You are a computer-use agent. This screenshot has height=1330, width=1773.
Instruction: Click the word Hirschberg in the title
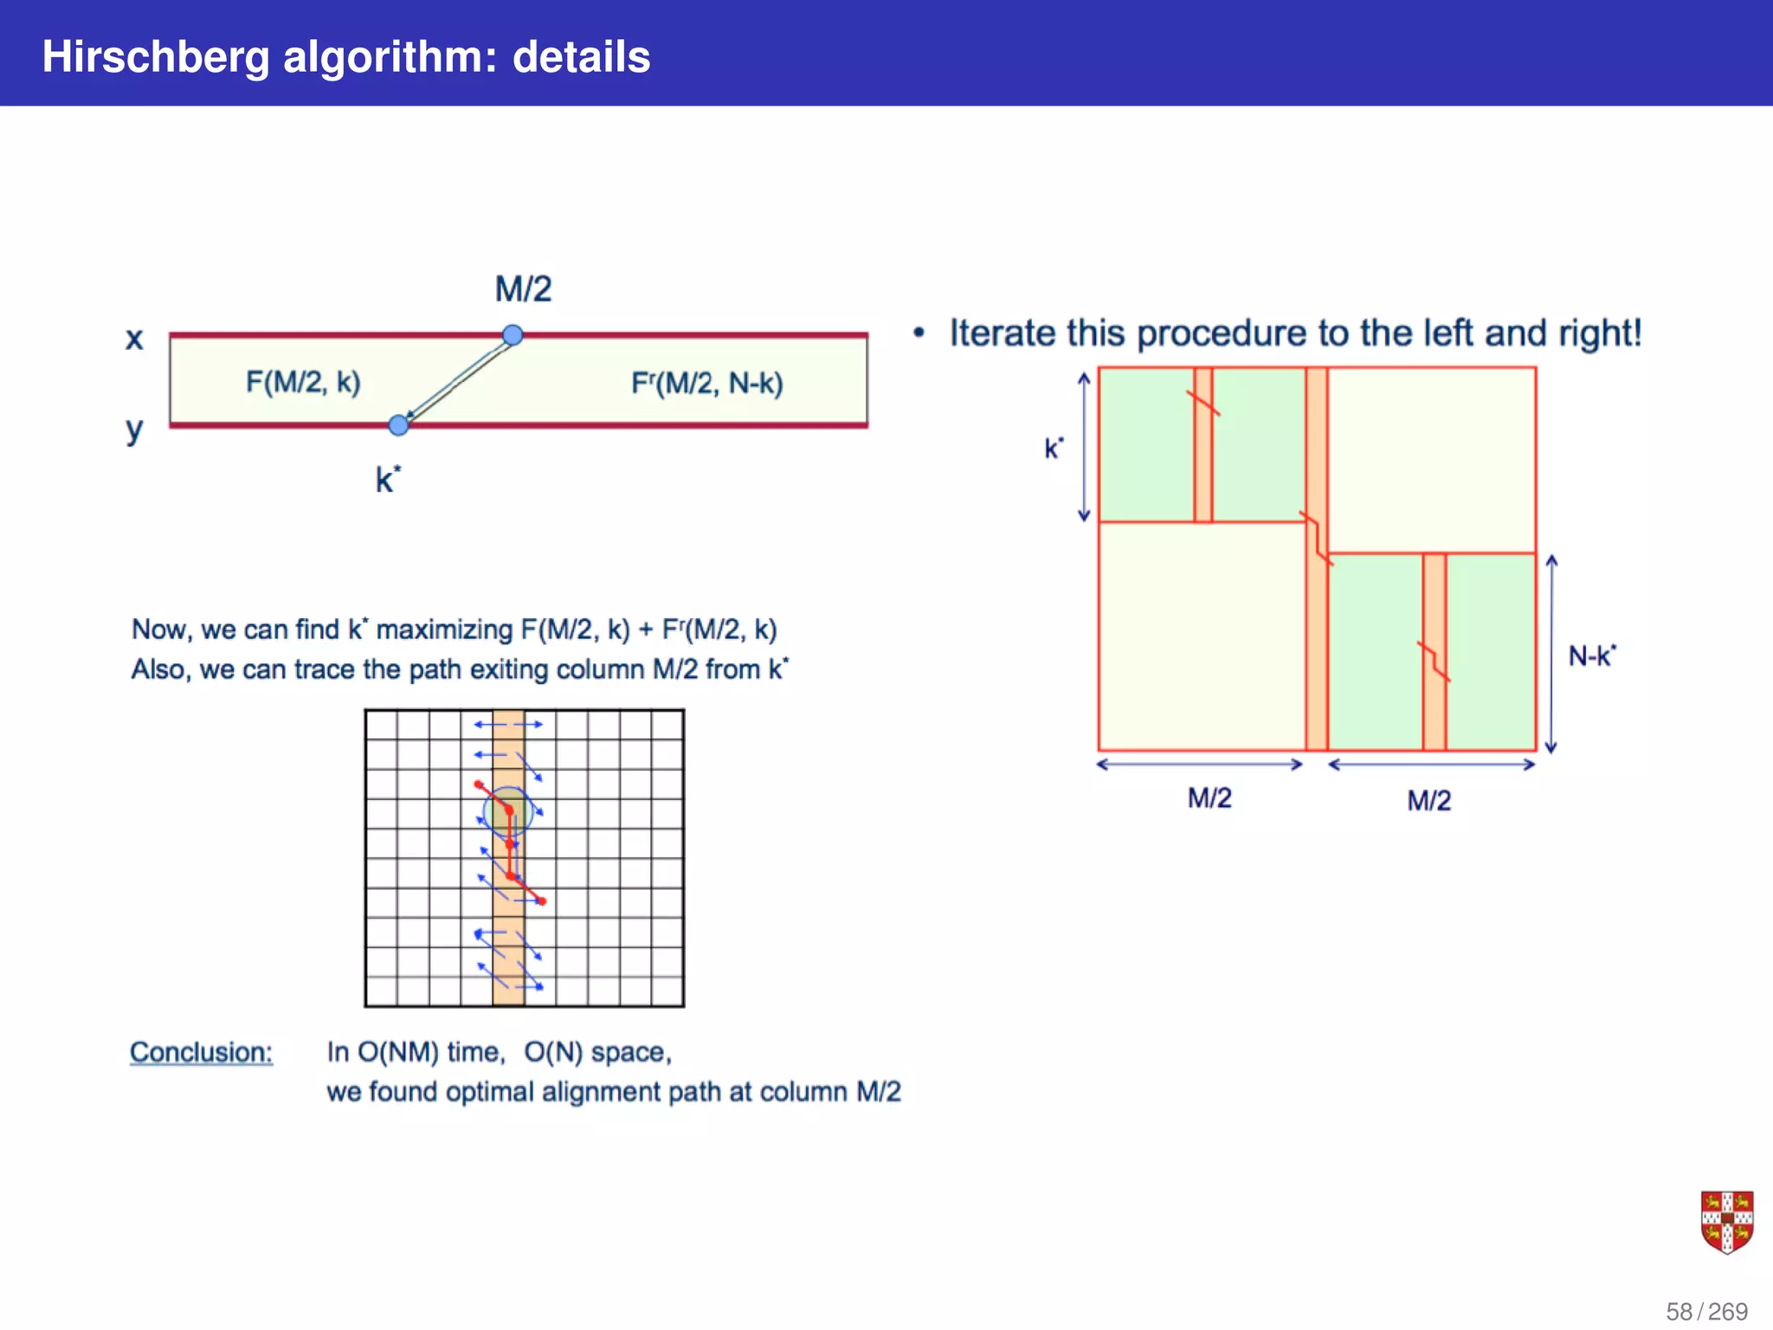coord(156,57)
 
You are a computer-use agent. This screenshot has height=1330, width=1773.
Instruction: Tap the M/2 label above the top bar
coord(523,289)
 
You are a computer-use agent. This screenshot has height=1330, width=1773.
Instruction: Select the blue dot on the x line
coord(513,335)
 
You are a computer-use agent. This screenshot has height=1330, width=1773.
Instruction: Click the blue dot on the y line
coord(398,425)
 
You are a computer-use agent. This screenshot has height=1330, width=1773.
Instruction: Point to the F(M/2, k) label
coord(303,382)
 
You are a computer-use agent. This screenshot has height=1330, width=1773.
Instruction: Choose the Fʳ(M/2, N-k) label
coord(706,383)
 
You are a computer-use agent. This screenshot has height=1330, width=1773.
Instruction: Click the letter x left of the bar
coord(134,339)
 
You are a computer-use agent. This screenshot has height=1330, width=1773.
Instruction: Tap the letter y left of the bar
coord(134,429)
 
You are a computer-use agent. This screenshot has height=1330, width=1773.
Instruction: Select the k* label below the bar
coord(388,479)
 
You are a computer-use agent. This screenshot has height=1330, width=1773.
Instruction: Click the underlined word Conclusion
coord(201,1052)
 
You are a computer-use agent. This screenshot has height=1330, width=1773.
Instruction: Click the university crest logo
coord(1726,1222)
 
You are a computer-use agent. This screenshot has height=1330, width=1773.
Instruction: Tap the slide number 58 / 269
coord(1706,1311)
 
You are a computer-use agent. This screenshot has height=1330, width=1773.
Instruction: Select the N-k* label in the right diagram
coord(1591,655)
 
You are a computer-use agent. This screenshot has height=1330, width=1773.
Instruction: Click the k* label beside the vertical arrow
coord(1054,448)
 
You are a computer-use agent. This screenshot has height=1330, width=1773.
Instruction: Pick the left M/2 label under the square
coord(1209,797)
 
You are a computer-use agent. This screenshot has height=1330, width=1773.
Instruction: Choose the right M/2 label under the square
coord(1428,800)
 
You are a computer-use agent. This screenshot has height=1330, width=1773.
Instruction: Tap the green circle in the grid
coord(507,811)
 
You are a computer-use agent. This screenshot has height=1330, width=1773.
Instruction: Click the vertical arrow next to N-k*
coord(1551,654)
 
